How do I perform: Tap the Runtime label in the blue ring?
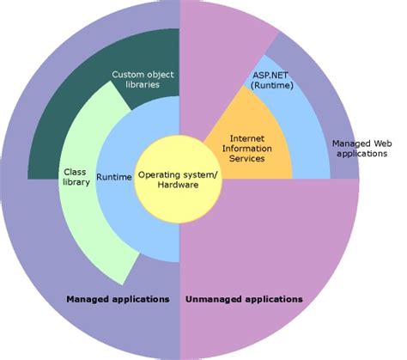(113, 177)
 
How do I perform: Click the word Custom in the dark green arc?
(129, 75)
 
